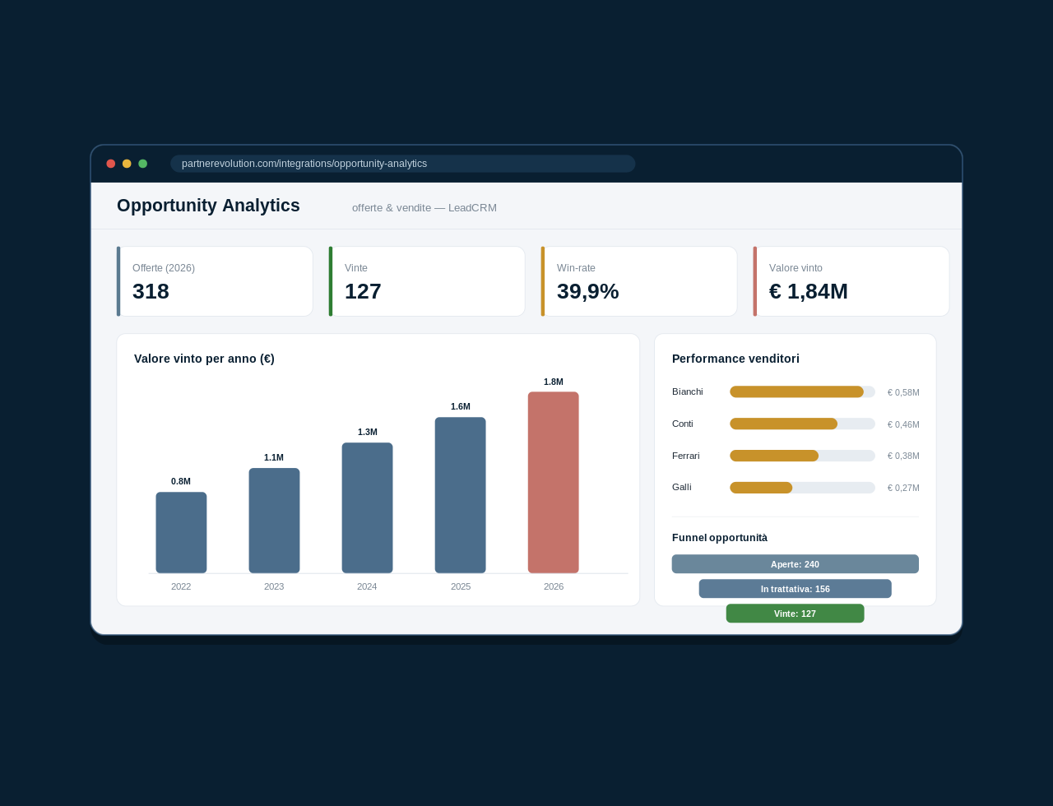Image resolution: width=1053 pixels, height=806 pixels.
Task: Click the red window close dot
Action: [110, 164]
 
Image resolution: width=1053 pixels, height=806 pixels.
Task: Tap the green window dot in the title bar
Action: [142, 164]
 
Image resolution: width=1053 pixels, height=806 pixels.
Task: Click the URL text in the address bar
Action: [304, 164]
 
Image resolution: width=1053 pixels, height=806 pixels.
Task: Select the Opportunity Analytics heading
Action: [208, 206]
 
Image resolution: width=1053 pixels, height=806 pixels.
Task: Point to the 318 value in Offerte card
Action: [151, 291]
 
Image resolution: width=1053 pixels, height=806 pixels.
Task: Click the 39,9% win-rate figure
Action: [588, 291]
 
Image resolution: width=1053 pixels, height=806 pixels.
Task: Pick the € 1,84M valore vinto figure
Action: [809, 291]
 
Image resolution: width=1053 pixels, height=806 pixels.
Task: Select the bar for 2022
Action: [181, 532]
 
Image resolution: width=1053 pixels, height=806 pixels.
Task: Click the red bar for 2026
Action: [554, 483]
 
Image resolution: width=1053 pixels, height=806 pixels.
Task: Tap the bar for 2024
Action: [367, 507]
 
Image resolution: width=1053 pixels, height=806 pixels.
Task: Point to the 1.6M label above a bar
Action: [461, 406]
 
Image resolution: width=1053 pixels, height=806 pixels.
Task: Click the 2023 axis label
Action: [274, 586]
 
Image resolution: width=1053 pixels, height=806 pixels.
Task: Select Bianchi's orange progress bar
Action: [796, 391]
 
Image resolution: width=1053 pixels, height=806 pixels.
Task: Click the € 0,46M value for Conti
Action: [903, 424]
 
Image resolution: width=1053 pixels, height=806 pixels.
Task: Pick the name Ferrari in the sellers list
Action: [686, 456]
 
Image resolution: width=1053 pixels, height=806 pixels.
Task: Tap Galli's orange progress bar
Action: [761, 488]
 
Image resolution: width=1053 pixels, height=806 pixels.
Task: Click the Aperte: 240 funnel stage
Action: [796, 564]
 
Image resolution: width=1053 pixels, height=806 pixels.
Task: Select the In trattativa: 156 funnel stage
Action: [796, 589]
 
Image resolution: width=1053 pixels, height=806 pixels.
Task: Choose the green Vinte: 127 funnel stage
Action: [796, 614]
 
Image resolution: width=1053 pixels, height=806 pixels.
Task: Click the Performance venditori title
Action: [735, 359]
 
